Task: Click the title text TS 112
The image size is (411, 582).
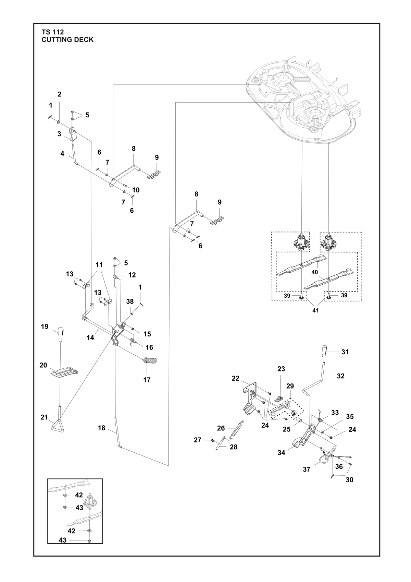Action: (x=53, y=32)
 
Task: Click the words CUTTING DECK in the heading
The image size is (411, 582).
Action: (x=67, y=40)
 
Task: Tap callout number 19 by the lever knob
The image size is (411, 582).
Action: (x=45, y=326)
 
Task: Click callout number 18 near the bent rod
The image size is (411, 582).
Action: (x=102, y=428)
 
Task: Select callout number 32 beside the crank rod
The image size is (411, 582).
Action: (x=340, y=376)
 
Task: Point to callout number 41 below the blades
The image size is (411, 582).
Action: (x=315, y=310)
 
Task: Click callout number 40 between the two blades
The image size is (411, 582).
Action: (x=314, y=272)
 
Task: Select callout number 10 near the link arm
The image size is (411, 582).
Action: (x=136, y=190)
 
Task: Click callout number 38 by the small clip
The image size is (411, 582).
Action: (x=130, y=301)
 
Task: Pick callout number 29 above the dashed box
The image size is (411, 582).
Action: (x=290, y=386)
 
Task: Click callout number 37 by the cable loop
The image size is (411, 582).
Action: (x=307, y=470)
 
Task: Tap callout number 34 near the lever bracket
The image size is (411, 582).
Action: (x=281, y=453)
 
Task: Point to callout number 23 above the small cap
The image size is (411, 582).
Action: (x=281, y=369)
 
